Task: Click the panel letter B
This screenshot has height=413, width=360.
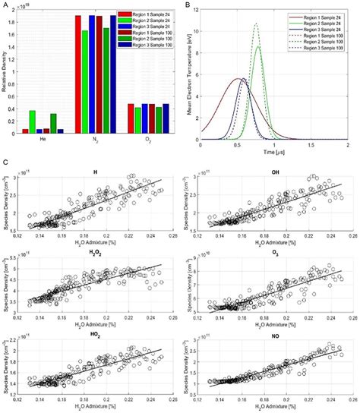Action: point(186,5)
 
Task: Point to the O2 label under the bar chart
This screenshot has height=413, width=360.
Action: point(152,139)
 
